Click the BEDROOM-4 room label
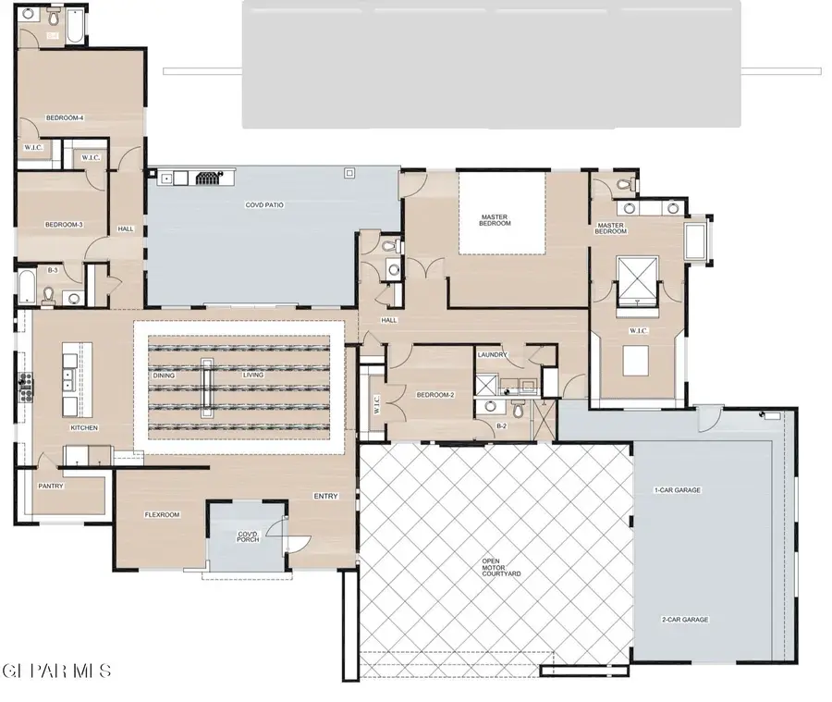click(65, 117)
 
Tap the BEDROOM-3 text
click(65, 225)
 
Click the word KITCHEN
click(84, 428)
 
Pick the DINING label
click(165, 376)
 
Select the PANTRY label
click(51, 486)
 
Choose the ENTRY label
click(325, 497)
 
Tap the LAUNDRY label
click(493, 355)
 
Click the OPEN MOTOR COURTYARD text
click(501, 567)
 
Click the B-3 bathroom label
click(54, 270)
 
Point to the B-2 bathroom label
click(502, 426)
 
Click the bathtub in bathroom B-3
click(26, 287)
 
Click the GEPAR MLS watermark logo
click(57, 670)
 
